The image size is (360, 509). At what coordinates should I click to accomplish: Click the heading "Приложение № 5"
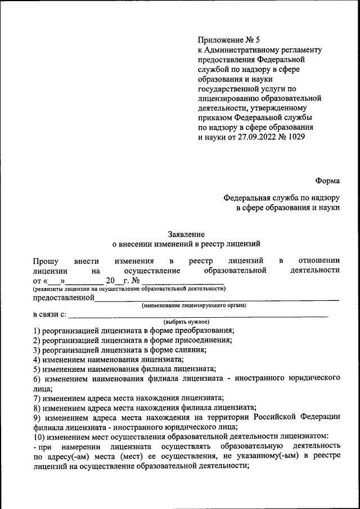point(228,40)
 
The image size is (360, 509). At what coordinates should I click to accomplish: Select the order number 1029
point(296,136)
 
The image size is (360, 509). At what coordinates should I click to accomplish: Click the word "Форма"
point(327,181)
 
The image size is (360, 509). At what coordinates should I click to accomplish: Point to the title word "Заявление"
point(186,233)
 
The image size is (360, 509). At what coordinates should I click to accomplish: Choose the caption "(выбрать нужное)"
point(186,322)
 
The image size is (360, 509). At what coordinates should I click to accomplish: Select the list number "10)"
point(39,436)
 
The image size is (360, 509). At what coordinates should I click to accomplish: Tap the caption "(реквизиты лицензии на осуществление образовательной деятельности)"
point(129,289)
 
